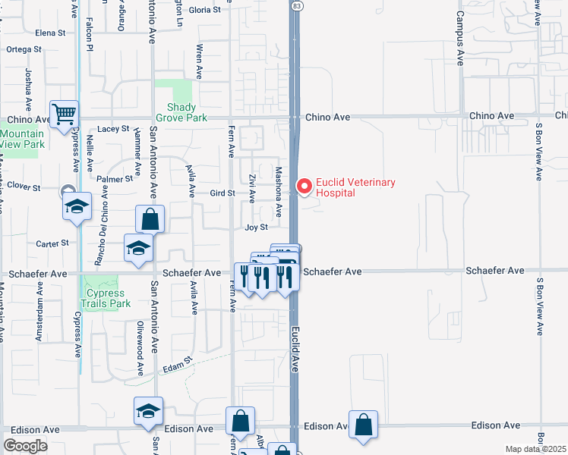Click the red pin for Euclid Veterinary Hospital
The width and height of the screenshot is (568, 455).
pyautogui.click(x=305, y=186)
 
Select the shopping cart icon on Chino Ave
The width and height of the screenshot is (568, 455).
pyautogui.click(x=65, y=115)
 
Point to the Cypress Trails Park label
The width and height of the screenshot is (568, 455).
pyautogui.click(x=108, y=298)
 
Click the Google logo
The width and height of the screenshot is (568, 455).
pyautogui.click(x=25, y=445)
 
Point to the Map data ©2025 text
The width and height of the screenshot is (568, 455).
pyautogui.click(x=535, y=449)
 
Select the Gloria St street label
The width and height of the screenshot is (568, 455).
pyautogui.click(x=204, y=10)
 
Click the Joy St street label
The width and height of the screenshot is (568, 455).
pyautogui.click(x=257, y=227)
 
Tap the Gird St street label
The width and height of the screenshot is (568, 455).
pyautogui.click(x=222, y=193)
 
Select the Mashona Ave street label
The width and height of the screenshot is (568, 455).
pyautogui.click(x=279, y=191)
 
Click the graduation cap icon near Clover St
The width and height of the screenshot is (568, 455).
pyautogui.click(x=77, y=206)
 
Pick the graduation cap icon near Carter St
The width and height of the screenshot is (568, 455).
pyautogui.click(x=138, y=249)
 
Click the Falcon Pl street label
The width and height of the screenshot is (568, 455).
pyautogui.click(x=89, y=35)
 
